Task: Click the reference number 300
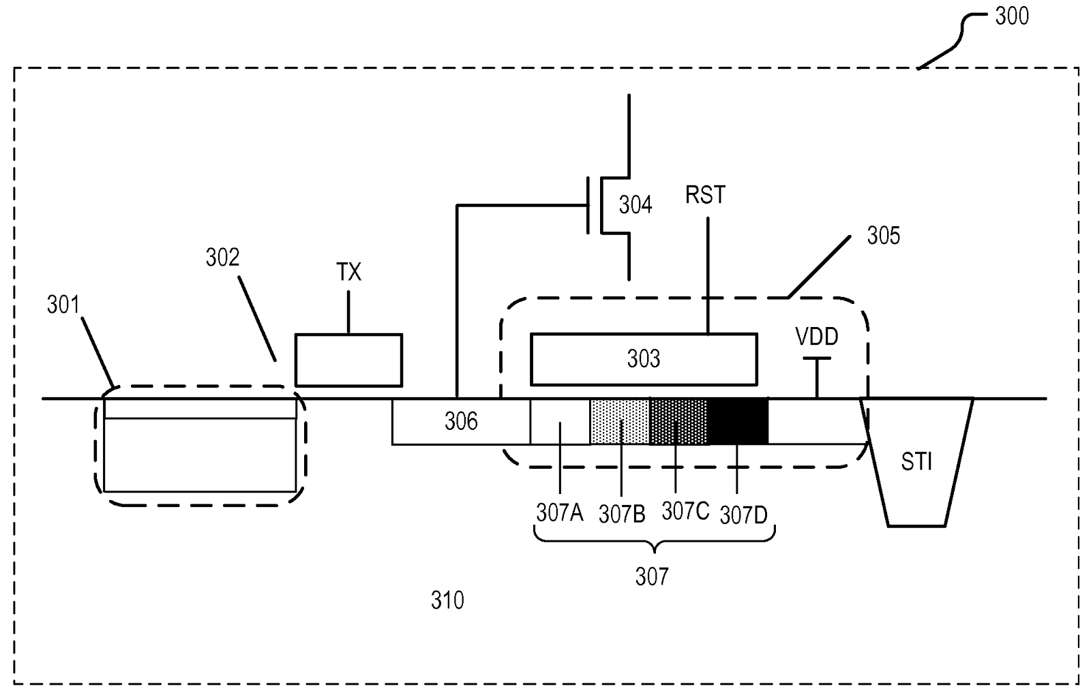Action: (1011, 16)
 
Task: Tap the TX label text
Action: (348, 273)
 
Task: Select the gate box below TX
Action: (348, 360)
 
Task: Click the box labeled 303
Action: (644, 359)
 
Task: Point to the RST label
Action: (706, 196)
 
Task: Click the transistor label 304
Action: (635, 204)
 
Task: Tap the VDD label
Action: (817, 336)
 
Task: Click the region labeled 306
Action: (461, 422)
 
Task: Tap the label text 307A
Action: (559, 512)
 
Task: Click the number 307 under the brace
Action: (652, 577)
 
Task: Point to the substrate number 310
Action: (447, 600)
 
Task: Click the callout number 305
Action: (883, 236)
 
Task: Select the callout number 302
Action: (223, 258)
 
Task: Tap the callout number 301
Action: (63, 305)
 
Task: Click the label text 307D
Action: (744, 515)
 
